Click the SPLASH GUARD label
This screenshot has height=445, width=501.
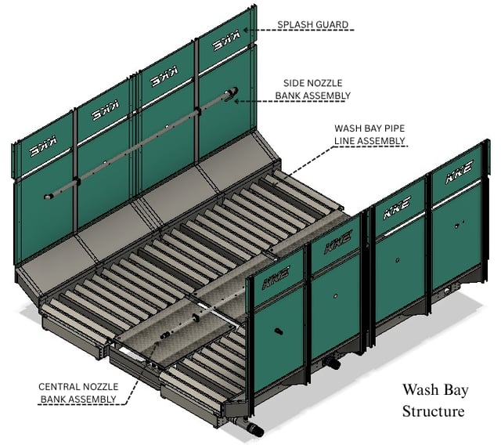(313, 24)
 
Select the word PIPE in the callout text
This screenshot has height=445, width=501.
(393, 128)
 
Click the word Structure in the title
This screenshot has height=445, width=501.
(433, 411)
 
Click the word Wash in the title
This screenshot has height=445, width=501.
(418, 389)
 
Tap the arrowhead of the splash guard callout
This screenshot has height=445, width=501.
(245, 30)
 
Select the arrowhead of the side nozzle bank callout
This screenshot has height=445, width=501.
(236, 101)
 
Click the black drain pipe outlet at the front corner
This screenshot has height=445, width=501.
(256, 429)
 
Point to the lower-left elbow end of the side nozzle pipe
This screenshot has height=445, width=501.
(48, 197)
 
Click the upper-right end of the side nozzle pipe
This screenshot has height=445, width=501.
(232, 91)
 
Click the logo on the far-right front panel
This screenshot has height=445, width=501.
(460, 172)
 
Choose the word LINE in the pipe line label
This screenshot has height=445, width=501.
(343, 141)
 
